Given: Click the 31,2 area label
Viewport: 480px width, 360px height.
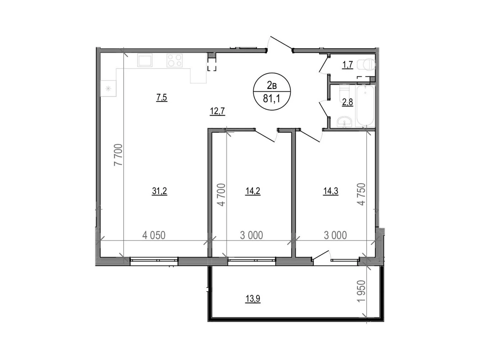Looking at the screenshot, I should point(159,191).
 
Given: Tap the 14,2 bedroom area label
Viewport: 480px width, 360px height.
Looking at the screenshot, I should point(253,191).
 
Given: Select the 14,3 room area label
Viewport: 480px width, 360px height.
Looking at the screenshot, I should point(331,191).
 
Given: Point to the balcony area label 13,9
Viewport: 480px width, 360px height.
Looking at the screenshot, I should point(253,298).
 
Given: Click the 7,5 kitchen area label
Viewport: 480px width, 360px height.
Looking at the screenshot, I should point(161,97).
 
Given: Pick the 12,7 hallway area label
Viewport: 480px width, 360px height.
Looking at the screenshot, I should point(217,111).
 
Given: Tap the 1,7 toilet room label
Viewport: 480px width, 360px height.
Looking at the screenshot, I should point(347,64).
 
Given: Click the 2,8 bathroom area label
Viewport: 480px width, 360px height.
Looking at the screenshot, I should point(347,102).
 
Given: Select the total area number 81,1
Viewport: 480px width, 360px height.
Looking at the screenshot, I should point(271,98).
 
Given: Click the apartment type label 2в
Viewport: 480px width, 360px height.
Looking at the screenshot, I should point(271,85).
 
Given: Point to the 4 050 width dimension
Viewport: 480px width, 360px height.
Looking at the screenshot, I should point(154,235).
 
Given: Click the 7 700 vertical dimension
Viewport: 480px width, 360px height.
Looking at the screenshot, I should point(118,155).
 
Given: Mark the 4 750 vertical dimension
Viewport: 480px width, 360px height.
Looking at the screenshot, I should point(361,194).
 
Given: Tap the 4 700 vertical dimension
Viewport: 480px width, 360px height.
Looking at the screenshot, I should point(221,195).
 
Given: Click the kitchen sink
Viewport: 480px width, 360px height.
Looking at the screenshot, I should point(145,60).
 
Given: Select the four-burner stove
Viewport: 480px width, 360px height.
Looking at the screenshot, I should point(175,60).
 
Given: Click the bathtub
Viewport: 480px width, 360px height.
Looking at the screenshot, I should point(365,106).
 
